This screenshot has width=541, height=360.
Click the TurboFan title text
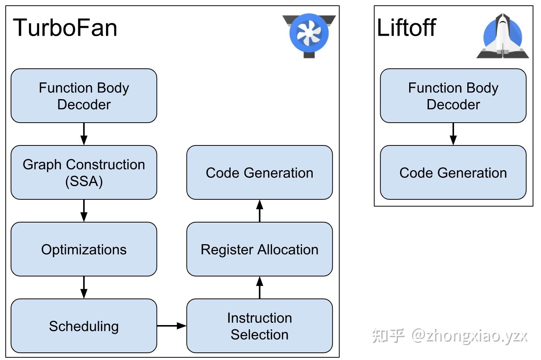click(x=65, y=28)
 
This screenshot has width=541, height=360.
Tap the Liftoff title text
click(x=406, y=28)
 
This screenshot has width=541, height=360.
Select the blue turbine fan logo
click(x=309, y=33)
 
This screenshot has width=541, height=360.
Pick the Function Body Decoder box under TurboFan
click(x=84, y=96)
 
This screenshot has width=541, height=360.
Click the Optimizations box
click(x=84, y=249)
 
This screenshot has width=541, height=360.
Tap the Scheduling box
click(x=84, y=326)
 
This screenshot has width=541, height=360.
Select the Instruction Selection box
click(x=259, y=326)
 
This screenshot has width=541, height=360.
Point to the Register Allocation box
click(x=259, y=249)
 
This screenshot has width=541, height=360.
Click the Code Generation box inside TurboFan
click(x=259, y=172)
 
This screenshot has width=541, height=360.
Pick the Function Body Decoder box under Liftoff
click(x=453, y=96)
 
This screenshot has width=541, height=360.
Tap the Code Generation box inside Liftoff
click(x=453, y=172)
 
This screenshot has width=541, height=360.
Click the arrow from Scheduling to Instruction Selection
click(x=171, y=325)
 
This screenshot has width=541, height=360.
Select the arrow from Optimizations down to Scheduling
click(x=84, y=287)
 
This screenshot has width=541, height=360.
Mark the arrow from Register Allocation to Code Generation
click(x=259, y=211)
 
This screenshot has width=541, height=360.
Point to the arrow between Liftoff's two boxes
click(x=453, y=134)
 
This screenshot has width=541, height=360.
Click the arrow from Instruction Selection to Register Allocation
click(x=259, y=287)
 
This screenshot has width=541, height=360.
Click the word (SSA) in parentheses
click(x=84, y=181)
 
